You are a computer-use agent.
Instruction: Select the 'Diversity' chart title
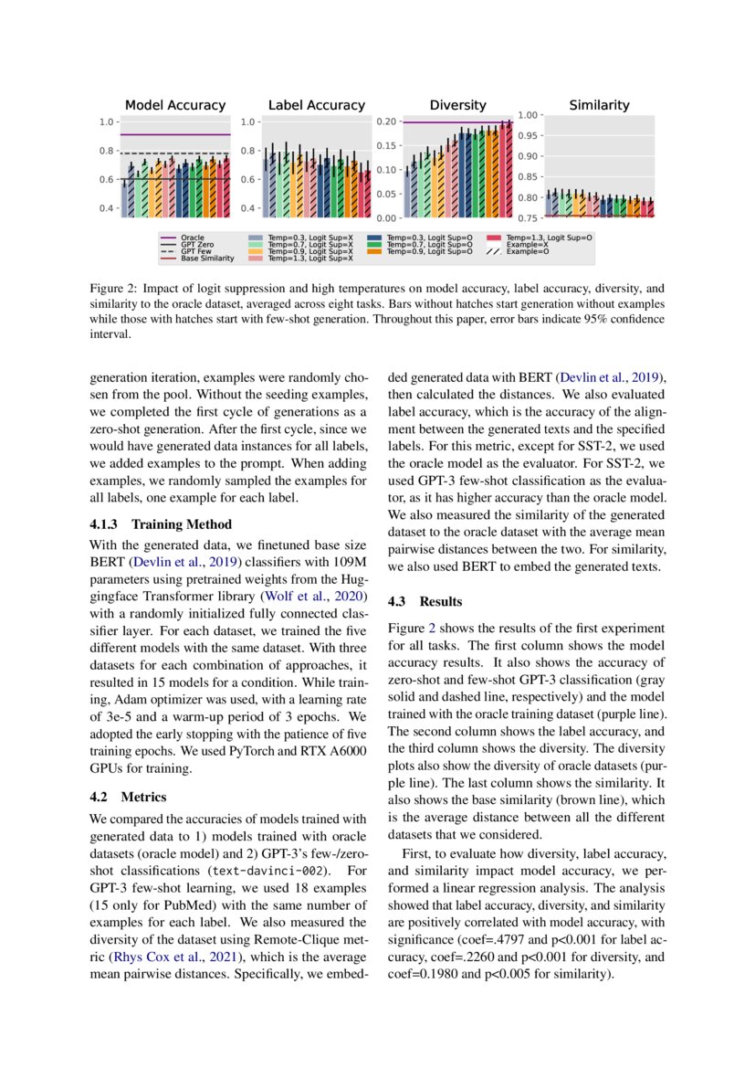pyautogui.click(x=457, y=105)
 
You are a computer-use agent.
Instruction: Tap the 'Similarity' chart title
pyautogui.click(x=599, y=105)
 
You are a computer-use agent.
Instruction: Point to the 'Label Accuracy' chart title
pyautogui.click(x=316, y=105)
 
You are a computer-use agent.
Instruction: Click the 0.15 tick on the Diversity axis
pyautogui.click(x=385, y=146)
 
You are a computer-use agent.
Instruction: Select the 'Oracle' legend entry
pyautogui.click(x=193, y=238)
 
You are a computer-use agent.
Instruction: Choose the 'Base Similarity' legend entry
pyautogui.click(x=207, y=259)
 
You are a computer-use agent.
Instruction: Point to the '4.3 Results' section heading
pyautogui.click(x=425, y=601)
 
